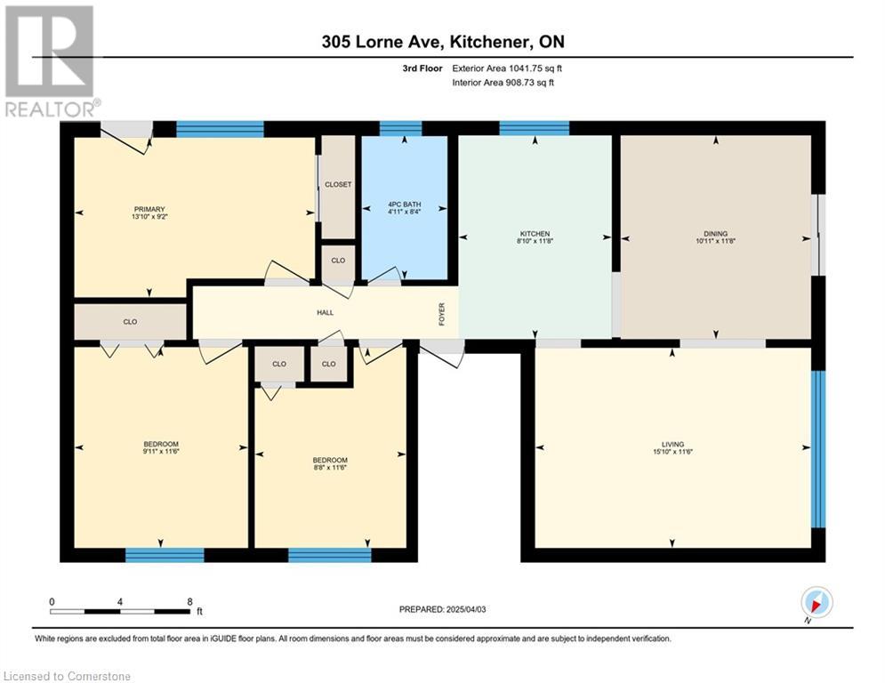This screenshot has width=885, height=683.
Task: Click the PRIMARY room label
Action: click(x=149, y=209)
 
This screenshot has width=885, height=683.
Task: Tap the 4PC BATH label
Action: click(x=405, y=205)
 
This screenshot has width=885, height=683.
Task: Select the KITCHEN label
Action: click(x=535, y=234)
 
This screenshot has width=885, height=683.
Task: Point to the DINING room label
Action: click(x=716, y=234)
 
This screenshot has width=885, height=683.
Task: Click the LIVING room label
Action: click(x=672, y=445)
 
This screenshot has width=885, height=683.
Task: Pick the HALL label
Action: click(x=326, y=312)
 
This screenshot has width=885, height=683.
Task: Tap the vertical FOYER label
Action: click(x=442, y=314)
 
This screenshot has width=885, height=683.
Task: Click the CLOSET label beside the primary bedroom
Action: click(x=338, y=185)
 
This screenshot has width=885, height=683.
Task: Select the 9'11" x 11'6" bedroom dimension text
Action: click(x=161, y=452)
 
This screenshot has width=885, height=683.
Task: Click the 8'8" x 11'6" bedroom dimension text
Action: click(x=330, y=468)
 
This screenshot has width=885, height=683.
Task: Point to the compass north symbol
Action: click(x=817, y=602)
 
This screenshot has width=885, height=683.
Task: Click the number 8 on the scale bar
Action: click(x=189, y=602)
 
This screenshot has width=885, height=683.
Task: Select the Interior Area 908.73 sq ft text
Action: click(x=503, y=83)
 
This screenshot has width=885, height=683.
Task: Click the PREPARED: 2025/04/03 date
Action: click(x=443, y=609)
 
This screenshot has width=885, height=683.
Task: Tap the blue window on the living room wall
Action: click(x=817, y=449)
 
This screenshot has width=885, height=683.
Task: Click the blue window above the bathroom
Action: click(x=401, y=128)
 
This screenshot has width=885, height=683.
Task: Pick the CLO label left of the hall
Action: click(x=131, y=322)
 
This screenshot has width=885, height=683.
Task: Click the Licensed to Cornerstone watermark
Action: click(x=67, y=676)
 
